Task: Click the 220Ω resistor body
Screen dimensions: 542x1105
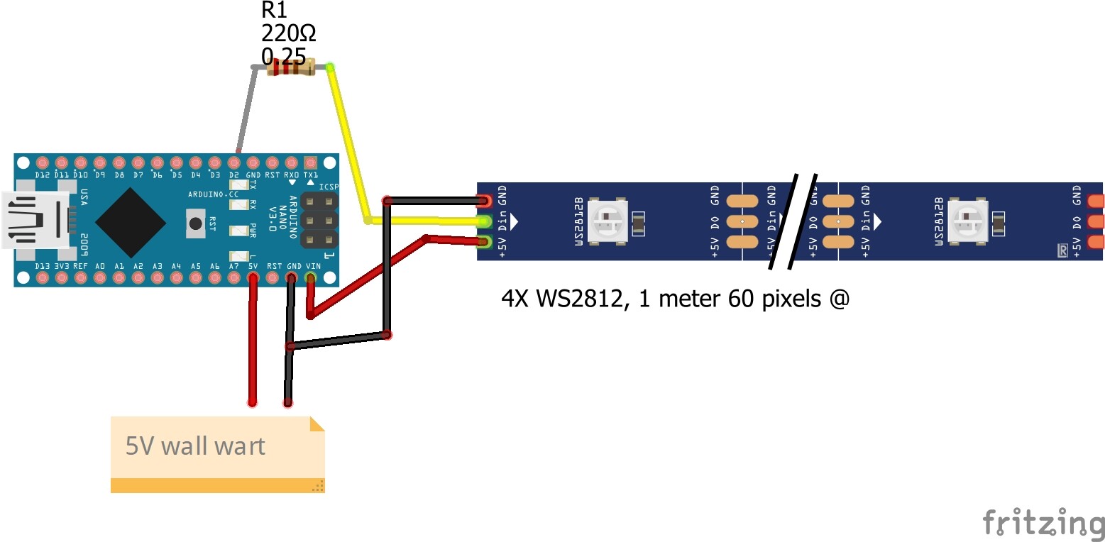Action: coord(290,67)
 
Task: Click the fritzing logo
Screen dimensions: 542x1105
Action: coord(1043,523)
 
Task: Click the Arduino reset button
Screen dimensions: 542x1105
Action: coord(194,223)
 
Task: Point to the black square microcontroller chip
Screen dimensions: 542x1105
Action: coord(131,222)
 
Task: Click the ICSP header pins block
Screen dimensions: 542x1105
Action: coord(319,221)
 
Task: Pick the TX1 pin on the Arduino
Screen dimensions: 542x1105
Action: coord(310,162)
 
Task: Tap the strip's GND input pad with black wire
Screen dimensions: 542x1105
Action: coord(485,201)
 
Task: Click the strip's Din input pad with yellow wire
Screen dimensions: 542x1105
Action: coord(485,221)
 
